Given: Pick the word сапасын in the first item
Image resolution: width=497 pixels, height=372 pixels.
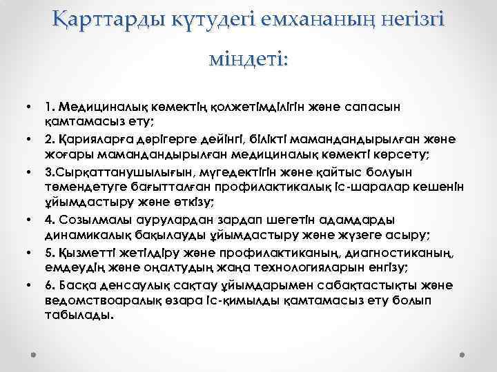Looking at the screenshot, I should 387,108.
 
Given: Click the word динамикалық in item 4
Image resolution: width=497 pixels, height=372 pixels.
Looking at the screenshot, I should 84,234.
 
